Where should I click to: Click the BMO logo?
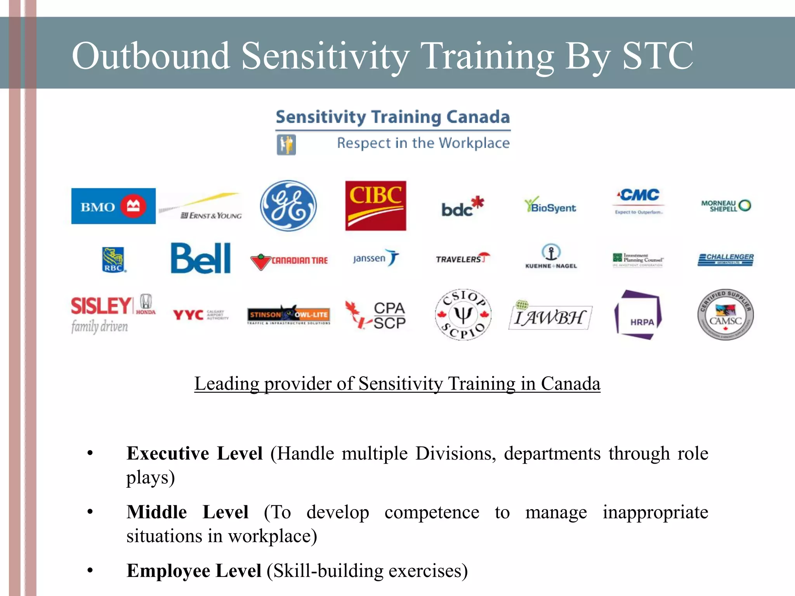pos(113,206)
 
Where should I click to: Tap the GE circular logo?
pos(288,206)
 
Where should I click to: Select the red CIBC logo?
pos(375,206)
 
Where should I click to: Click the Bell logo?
pos(201,258)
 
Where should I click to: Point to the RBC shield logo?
pos(113,259)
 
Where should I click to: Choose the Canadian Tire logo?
pos(290,261)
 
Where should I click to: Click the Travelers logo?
pos(462,258)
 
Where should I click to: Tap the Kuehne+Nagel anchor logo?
pos(551,256)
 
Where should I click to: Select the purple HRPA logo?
pos(638,315)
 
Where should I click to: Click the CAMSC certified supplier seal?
pos(725,315)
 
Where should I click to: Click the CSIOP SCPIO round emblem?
pos(463,315)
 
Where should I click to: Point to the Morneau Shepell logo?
pos(725,206)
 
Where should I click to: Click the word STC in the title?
pos(658,56)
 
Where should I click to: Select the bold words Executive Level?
pos(194,453)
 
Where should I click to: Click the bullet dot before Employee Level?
pos(90,570)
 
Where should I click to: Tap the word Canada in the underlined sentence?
pos(570,384)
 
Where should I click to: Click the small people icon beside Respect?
pos(286,145)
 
